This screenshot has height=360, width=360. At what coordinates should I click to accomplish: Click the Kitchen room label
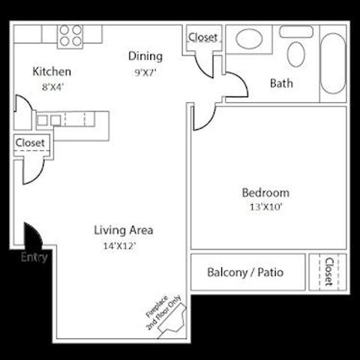pos(52,72)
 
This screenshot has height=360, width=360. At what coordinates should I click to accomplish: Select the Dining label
pos(145,56)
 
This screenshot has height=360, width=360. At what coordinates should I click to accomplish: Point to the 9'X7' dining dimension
pos(145,73)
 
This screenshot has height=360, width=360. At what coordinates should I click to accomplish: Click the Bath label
pos(281,83)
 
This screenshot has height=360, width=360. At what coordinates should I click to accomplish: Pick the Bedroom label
pos(265,193)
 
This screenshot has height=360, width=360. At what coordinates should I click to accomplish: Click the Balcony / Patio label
pos(245,272)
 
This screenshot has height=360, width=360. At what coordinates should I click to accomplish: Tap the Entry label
pos(34,257)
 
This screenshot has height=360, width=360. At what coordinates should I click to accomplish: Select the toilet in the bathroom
pos(296,53)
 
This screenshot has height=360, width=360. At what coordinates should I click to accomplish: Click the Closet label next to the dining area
pos(202,37)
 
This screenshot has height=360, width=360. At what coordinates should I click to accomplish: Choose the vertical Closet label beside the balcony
pos(329,272)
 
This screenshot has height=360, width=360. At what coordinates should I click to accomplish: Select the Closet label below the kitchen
pos(30,142)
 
